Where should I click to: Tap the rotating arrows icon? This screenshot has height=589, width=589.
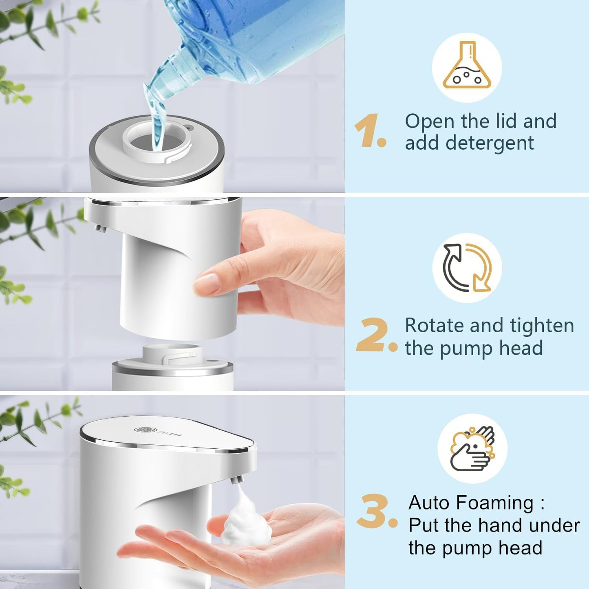tap(467, 268)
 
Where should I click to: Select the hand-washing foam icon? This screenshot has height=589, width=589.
tap(472, 448)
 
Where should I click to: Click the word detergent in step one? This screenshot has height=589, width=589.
tap(490, 143)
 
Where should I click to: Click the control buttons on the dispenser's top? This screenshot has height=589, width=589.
tap(159, 432)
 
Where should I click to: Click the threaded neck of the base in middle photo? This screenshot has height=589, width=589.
tap(173, 353)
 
